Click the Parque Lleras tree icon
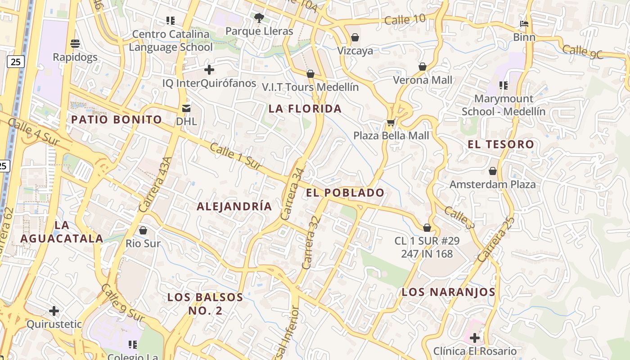pyautogui.click(x=259, y=18)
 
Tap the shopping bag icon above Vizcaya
pyautogui.click(x=355, y=37)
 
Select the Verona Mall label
pyautogui.click(x=422, y=80)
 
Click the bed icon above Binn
pyautogui.click(x=524, y=23)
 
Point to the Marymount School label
pyautogui.click(x=503, y=105)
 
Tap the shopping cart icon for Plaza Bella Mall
pyautogui.click(x=391, y=122)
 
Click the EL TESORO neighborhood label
pyautogui.click(x=500, y=144)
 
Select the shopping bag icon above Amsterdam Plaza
pyautogui.click(x=493, y=171)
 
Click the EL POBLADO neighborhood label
pyautogui.click(x=345, y=193)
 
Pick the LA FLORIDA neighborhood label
pyautogui.click(x=305, y=108)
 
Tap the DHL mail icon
pyautogui.click(x=186, y=108)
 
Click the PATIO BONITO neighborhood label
pyautogui.click(x=117, y=120)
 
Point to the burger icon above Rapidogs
pyautogui.click(x=75, y=44)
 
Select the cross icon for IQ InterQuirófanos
pyautogui.click(x=209, y=70)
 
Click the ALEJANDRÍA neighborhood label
pyautogui.click(x=234, y=206)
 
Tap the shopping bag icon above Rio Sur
pyautogui.click(x=143, y=230)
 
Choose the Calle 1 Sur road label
pyautogui.click(x=235, y=156)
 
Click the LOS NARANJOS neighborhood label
pyautogui.click(x=448, y=292)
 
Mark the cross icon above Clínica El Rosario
pyautogui.click(x=474, y=337)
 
